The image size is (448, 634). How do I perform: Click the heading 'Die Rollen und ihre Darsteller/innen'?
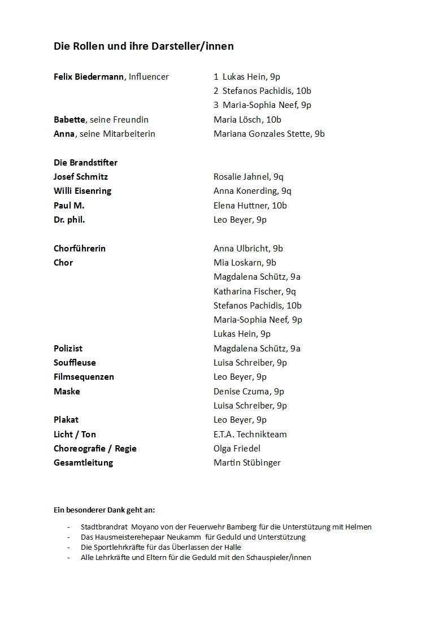tap(143, 46)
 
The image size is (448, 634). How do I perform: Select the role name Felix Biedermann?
tap(89, 77)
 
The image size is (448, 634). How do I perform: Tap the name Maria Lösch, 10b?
tap(247, 120)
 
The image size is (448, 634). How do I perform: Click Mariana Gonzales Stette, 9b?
tap(269, 134)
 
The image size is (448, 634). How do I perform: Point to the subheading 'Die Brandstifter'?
tap(85, 163)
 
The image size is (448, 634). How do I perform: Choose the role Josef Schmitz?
tap(81, 177)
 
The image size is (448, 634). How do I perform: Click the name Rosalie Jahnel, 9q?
tap(249, 177)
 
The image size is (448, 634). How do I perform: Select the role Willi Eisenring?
tap(82, 191)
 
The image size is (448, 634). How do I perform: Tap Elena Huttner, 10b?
tap(250, 206)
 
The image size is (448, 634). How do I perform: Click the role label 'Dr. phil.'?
tap(69, 220)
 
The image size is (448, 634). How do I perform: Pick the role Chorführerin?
tap(80, 249)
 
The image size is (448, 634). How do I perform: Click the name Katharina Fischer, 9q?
tap(255, 292)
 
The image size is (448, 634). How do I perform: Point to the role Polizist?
tap(68, 349)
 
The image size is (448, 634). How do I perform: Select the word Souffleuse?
tap(75, 363)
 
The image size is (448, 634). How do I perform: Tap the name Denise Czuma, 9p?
tap(249, 392)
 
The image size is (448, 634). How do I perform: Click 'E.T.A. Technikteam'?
tap(250, 435)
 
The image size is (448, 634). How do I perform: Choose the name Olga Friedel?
tap(237, 449)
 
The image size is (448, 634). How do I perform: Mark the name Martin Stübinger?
tap(247, 463)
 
